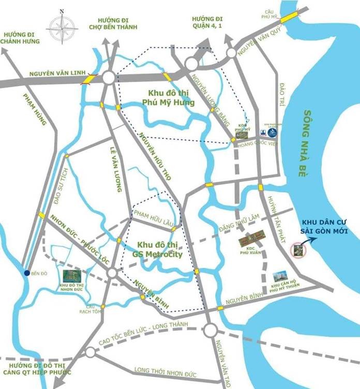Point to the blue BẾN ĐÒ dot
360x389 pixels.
point(26,273)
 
